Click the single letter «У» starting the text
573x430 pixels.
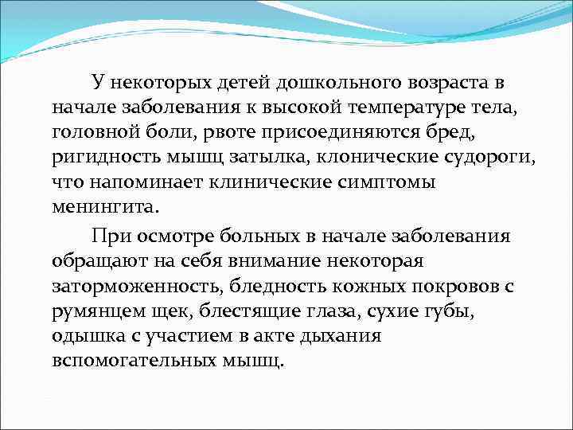click(x=97, y=82)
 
